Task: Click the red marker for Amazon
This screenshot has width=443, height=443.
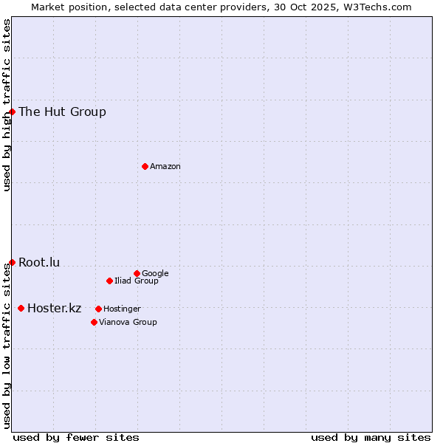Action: (x=145, y=166)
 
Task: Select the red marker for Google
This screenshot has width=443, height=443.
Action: (x=137, y=273)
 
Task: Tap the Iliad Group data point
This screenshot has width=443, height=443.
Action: (x=109, y=281)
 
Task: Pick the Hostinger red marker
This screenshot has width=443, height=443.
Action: (x=98, y=309)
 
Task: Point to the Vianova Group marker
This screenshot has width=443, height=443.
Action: (x=94, y=322)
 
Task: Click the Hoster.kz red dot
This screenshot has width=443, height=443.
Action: (x=21, y=308)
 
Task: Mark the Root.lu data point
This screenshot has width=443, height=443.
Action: (x=12, y=262)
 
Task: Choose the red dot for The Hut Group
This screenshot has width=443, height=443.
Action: (x=12, y=111)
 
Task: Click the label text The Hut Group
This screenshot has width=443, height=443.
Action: (x=62, y=112)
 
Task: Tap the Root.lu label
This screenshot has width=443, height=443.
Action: (x=39, y=263)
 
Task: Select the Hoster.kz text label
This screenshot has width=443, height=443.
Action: (x=54, y=309)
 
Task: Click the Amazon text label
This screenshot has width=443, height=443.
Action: (x=165, y=167)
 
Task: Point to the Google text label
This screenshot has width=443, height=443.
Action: (x=155, y=274)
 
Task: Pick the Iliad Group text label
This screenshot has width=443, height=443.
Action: (x=137, y=281)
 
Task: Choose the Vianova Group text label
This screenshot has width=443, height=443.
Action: (x=128, y=323)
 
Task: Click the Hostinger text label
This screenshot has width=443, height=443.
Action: (x=122, y=309)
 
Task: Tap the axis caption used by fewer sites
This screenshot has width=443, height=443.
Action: (x=76, y=438)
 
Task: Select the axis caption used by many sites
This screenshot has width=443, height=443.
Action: (x=371, y=438)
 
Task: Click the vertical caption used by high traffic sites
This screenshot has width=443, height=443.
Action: (x=7, y=105)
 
